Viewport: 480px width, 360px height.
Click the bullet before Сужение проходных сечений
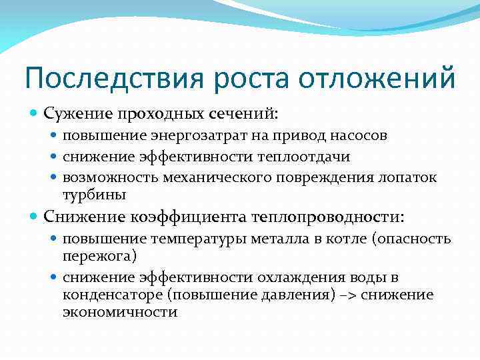35,115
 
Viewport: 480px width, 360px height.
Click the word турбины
94,194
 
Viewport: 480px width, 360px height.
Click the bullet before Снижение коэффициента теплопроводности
35,217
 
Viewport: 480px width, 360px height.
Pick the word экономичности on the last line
120,311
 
